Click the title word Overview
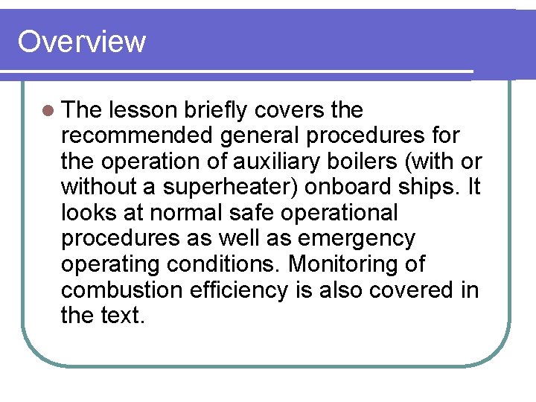click(81, 42)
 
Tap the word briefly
click(214, 111)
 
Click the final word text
click(121, 316)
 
